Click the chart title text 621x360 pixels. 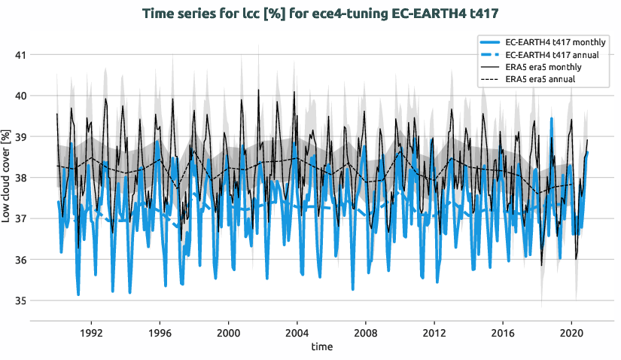pyautogui.click(x=310, y=13)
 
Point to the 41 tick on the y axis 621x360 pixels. pyautogui.click(x=20, y=55)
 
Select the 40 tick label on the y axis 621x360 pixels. pyautogui.click(x=20, y=96)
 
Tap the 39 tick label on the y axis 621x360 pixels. pyautogui.click(x=20, y=137)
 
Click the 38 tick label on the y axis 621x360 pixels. pyautogui.click(x=20, y=178)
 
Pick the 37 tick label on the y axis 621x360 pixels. pyautogui.click(x=20, y=219)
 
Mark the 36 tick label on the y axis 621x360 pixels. pyautogui.click(x=20, y=260)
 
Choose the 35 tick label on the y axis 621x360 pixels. pyautogui.click(x=20, y=301)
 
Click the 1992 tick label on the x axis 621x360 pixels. pyautogui.click(x=91, y=332)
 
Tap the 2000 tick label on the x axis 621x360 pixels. pyautogui.click(x=228, y=332)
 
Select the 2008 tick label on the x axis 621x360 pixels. pyautogui.click(x=366, y=332)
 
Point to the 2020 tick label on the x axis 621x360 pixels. pyautogui.click(x=571, y=332)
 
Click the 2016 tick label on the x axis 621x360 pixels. pyautogui.click(x=503, y=332)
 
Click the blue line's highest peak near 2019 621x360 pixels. pyautogui.click(x=552, y=118)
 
